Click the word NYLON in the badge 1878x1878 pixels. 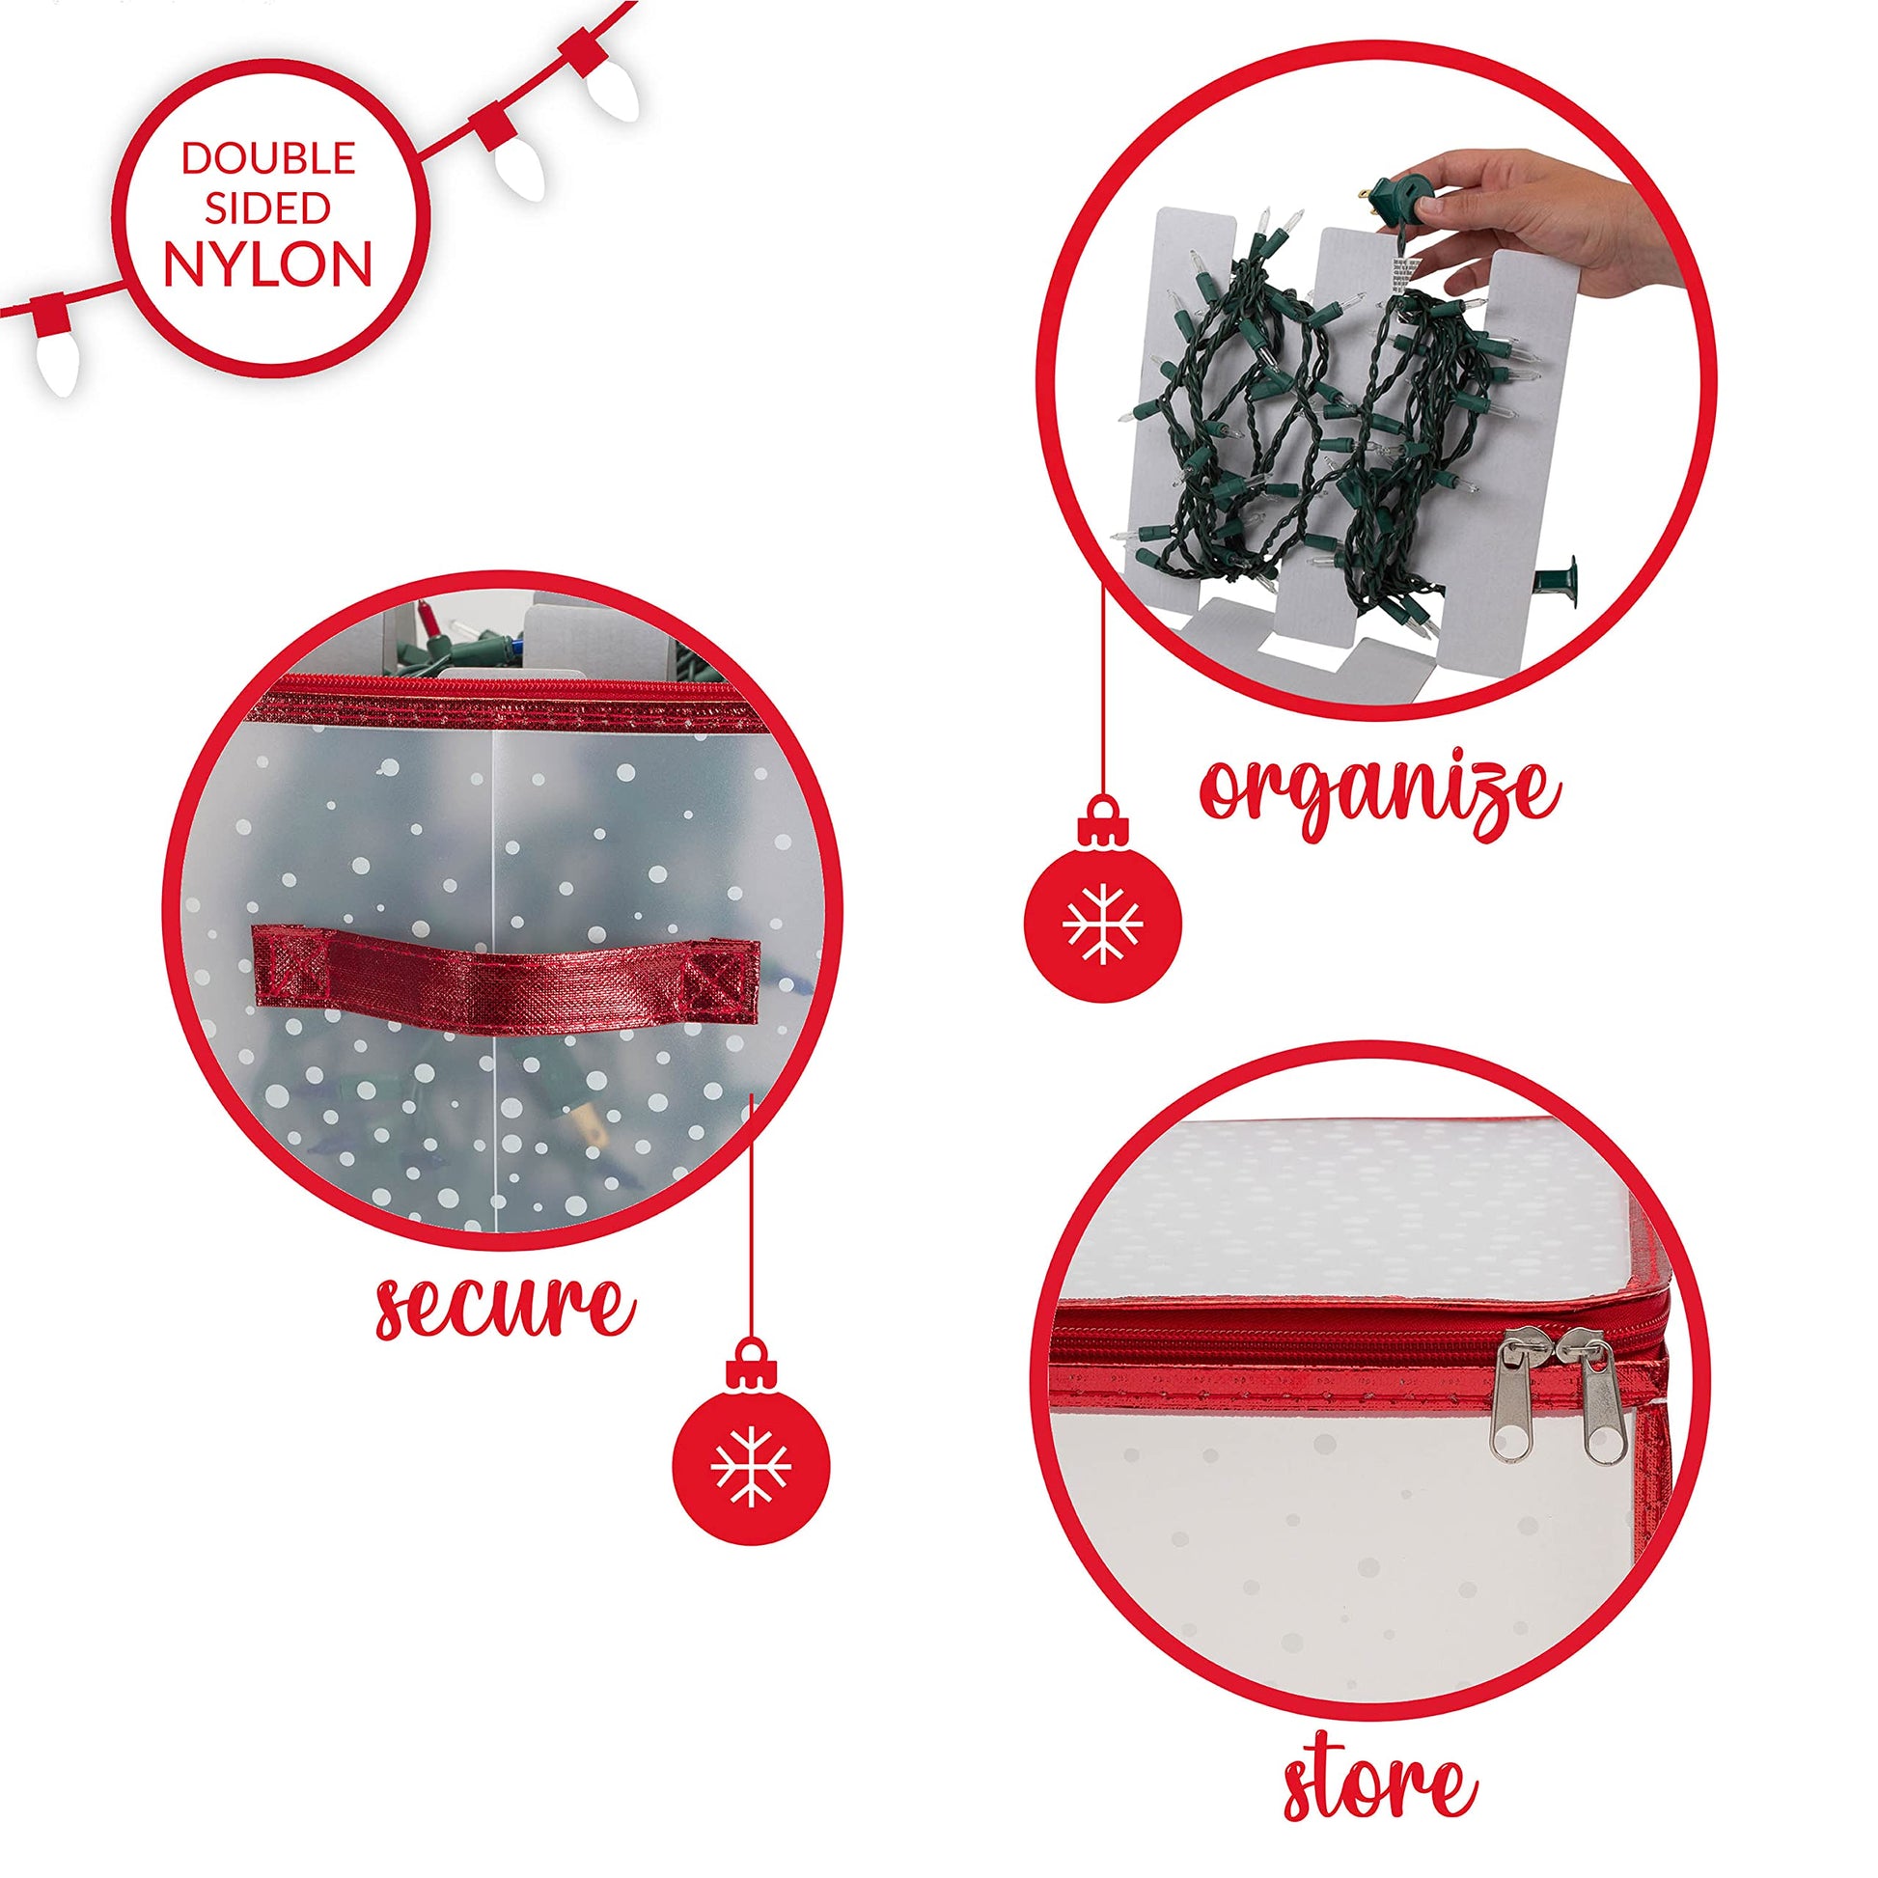point(268,263)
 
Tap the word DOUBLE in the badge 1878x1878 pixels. point(268,157)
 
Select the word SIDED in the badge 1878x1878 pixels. point(268,208)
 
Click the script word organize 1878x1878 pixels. point(1380,799)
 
